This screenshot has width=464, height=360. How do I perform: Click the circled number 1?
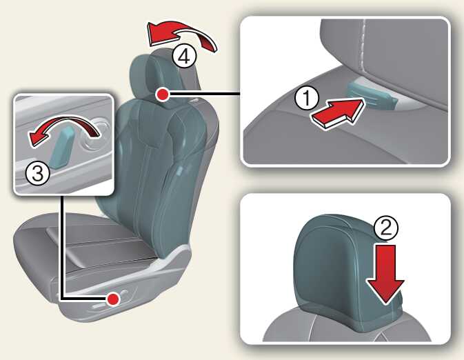tap(307, 98)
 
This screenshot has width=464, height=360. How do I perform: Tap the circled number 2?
tap(386, 228)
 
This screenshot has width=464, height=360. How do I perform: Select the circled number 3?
tap(38, 174)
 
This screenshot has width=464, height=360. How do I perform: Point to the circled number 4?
tap(184, 57)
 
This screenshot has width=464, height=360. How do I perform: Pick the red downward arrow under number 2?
tap(385, 274)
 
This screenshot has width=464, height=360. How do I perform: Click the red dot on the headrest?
tap(162, 94)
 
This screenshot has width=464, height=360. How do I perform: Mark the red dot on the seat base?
tap(113, 299)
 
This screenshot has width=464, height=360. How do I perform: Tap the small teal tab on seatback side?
tap(180, 172)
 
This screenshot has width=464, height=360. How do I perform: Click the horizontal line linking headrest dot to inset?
tap(204, 94)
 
